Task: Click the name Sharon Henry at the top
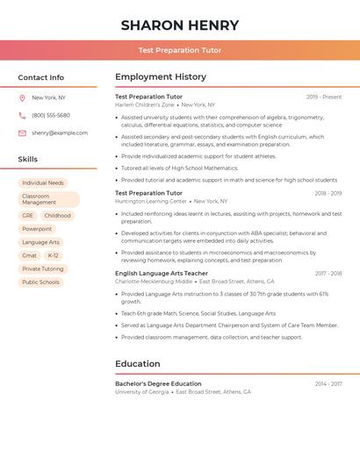click(x=179, y=25)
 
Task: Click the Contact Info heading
click(x=41, y=77)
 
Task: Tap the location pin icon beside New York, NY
click(x=22, y=97)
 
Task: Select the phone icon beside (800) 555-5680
click(x=22, y=115)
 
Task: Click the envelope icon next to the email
click(x=22, y=132)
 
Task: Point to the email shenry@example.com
click(x=60, y=132)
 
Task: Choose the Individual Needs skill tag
click(x=43, y=182)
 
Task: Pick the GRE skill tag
click(x=28, y=215)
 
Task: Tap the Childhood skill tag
click(x=57, y=215)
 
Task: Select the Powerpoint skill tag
click(x=37, y=229)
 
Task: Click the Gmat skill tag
click(x=29, y=255)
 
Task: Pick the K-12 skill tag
click(x=54, y=255)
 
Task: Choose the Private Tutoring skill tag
click(x=43, y=268)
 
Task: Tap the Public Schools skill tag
click(x=41, y=282)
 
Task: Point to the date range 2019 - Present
click(x=324, y=97)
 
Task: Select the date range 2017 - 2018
click(x=328, y=273)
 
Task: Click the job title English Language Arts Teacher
click(x=162, y=273)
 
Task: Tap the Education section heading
click(x=138, y=363)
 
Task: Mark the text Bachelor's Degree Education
click(x=158, y=383)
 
